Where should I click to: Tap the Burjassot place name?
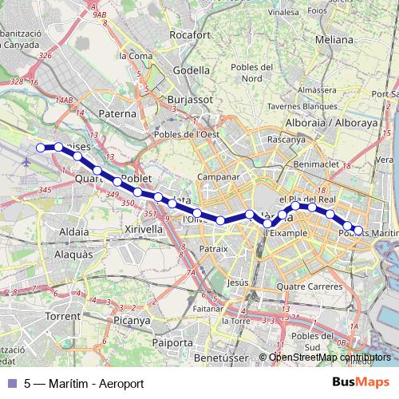point(189,100)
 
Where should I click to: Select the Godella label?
point(191,69)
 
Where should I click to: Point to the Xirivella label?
point(144,228)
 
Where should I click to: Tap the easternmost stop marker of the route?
point(358,230)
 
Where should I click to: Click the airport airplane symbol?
point(27,162)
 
